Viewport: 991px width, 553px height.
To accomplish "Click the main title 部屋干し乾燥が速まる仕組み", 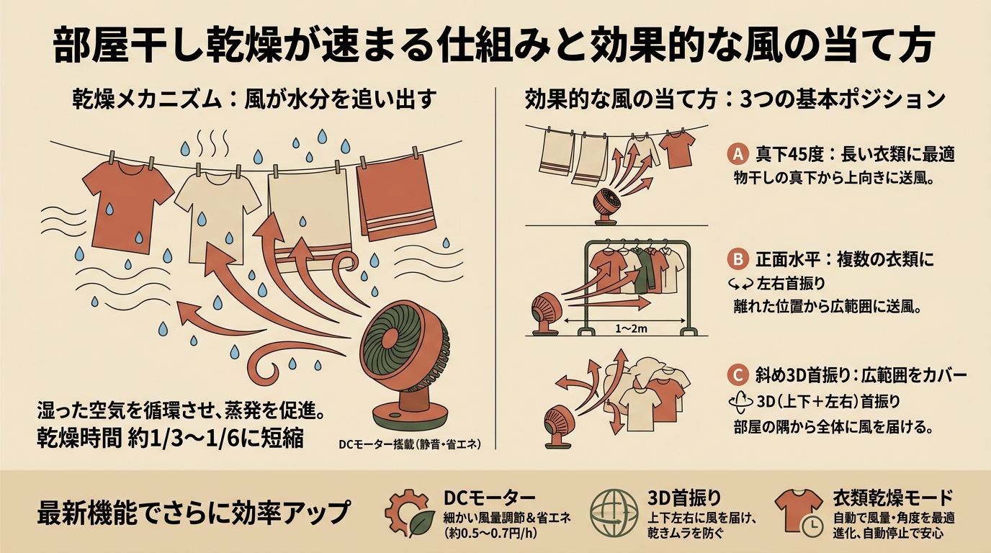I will (x=495, y=47).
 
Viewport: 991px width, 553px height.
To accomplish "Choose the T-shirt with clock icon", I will (x=799, y=512).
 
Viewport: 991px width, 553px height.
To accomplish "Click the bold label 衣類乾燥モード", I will (x=892, y=498).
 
